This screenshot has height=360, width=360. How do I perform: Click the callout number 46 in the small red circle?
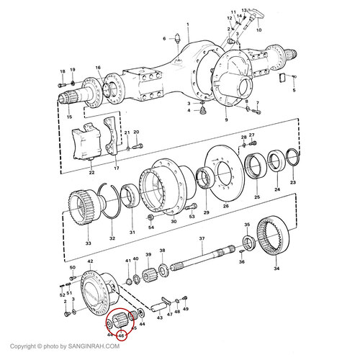122,336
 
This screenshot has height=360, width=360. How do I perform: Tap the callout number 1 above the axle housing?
188,24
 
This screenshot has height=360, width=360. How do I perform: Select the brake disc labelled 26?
224,172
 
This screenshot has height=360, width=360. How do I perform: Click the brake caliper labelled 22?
86,143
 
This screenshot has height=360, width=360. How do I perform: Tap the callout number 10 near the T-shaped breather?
258,30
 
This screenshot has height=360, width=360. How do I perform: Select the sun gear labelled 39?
148,275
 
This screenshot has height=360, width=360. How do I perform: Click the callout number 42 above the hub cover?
90,261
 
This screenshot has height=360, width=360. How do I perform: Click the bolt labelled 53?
192,207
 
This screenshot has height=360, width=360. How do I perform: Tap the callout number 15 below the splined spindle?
69,117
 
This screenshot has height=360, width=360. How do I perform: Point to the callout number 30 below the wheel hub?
174,221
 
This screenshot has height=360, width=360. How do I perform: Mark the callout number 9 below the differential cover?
226,120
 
